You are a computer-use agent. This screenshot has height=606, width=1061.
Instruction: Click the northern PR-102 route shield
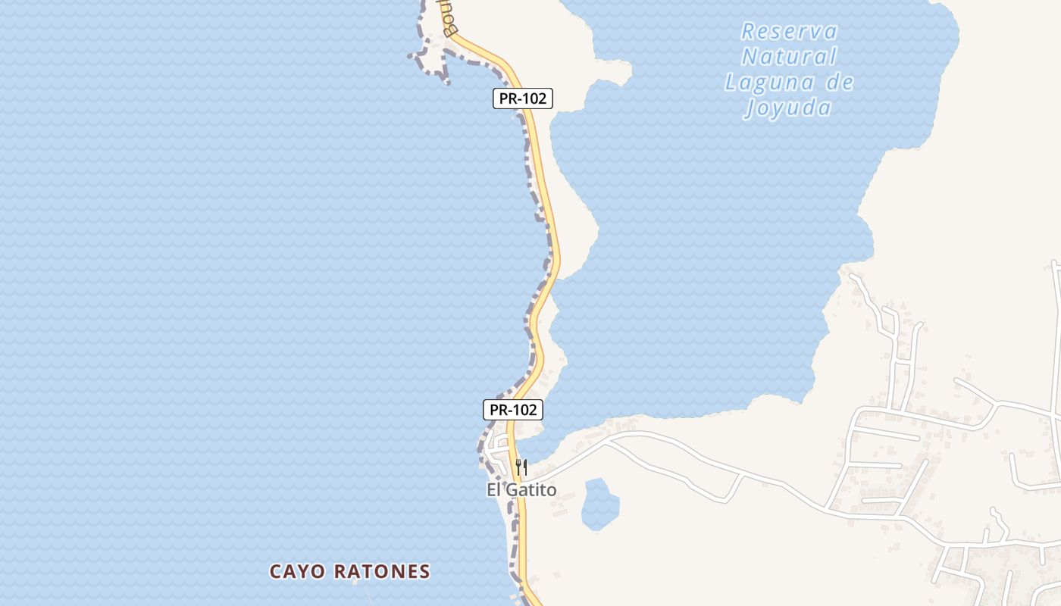pyautogui.click(x=522, y=98)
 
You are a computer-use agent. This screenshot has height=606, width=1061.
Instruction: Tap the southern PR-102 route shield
pyautogui.click(x=513, y=410)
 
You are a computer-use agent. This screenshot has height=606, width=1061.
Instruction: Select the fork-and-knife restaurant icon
pyautogui.click(x=521, y=467)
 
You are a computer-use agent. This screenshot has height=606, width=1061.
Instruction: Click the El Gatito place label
pyautogui.click(x=521, y=490)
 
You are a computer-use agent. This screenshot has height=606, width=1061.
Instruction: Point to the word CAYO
pyautogui.click(x=298, y=571)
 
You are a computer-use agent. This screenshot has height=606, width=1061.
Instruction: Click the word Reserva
pyautogui.click(x=789, y=32)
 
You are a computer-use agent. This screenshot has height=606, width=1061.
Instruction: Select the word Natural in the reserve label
pyautogui.click(x=789, y=57)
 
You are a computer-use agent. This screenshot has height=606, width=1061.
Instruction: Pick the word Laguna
pyautogui.click(x=768, y=82)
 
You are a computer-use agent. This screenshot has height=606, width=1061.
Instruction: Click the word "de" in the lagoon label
pyautogui.click(x=840, y=82)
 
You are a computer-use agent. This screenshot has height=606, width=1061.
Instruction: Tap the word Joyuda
pyautogui.click(x=789, y=108)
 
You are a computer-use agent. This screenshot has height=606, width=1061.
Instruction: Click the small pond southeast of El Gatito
pyautogui.click(x=599, y=504)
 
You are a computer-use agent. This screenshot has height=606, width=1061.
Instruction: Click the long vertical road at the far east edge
pyautogui.click(x=1056, y=341)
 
